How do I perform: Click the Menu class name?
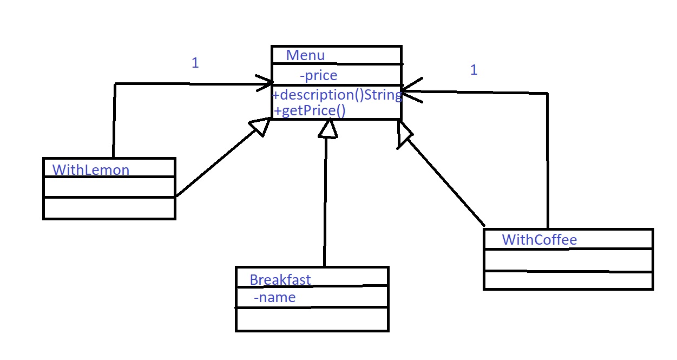[x=305, y=55]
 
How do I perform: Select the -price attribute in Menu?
[x=318, y=75]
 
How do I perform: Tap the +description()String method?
[x=337, y=95]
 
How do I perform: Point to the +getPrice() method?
[x=310, y=111]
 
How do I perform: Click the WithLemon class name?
[x=91, y=170]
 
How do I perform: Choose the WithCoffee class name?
[x=539, y=239]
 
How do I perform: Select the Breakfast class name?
[x=280, y=279]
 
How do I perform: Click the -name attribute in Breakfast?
[x=275, y=297]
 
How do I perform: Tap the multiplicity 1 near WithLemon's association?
[x=195, y=63]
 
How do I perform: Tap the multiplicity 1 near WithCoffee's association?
[x=474, y=70]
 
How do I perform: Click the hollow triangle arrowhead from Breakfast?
[x=327, y=128]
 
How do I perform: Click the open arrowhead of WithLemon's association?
[x=267, y=84]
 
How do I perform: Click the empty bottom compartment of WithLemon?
[x=109, y=208]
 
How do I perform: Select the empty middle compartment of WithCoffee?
[x=568, y=260]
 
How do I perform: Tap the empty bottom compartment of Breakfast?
[x=312, y=319]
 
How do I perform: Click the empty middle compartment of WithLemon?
[x=109, y=187]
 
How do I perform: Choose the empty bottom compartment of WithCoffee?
[x=568, y=280]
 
